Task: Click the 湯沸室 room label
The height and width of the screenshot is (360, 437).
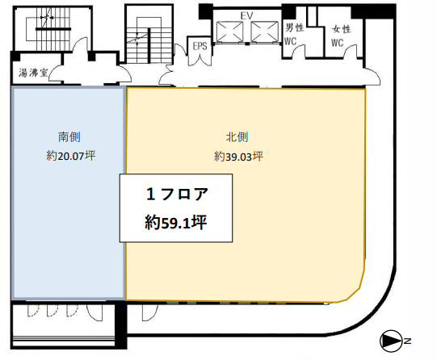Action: pyautogui.click(x=33, y=73)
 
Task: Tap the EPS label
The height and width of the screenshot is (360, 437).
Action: pyautogui.click(x=200, y=46)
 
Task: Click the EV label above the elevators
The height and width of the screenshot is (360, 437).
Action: pyautogui.click(x=246, y=16)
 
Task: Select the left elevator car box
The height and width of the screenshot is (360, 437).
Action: pyautogui.click(x=230, y=31)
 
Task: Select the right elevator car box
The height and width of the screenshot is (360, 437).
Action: pyautogui.click(x=264, y=31)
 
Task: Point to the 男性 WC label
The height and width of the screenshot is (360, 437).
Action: pyautogui.click(x=294, y=35)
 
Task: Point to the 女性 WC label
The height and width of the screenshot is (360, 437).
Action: pyautogui.click(x=341, y=36)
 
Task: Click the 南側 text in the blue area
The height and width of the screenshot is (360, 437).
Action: pyautogui.click(x=69, y=137)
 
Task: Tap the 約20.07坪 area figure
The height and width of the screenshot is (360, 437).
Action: pyautogui.click(x=71, y=156)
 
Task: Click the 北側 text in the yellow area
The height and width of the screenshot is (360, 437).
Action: pyautogui.click(x=237, y=137)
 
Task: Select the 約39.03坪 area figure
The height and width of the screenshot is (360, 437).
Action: pyautogui.click(x=238, y=157)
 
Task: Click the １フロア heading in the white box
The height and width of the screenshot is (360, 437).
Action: pyautogui.click(x=177, y=194)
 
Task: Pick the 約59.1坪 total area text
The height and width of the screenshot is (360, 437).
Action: pyautogui.click(x=176, y=223)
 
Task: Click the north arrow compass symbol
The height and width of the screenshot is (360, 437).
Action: pyautogui.click(x=391, y=341)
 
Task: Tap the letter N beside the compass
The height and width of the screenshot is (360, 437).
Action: pyautogui.click(x=407, y=341)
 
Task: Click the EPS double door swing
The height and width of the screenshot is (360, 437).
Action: pyautogui.click(x=200, y=60)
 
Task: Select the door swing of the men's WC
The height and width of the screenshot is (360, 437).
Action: pyautogui.click(x=298, y=51)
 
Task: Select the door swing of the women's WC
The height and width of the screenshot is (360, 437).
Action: pyautogui.click(x=350, y=51)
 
